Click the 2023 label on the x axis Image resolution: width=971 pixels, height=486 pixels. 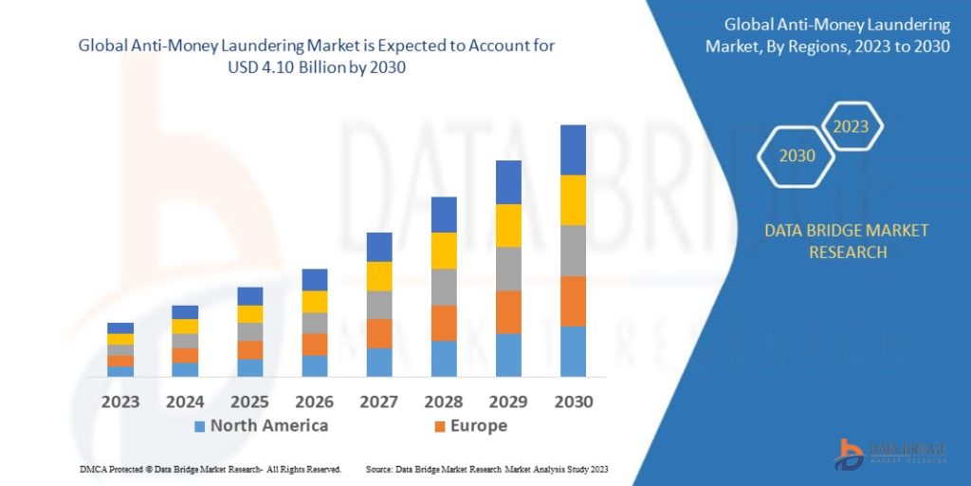(x=120, y=402)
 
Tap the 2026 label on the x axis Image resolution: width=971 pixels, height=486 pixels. (x=314, y=402)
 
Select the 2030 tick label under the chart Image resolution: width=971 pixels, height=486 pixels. (x=573, y=402)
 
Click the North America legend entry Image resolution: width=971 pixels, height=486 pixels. (x=261, y=426)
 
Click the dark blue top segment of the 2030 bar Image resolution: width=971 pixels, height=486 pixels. (x=573, y=150)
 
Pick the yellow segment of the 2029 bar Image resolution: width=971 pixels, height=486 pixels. (x=508, y=225)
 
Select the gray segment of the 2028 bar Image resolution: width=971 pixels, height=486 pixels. (x=444, y=287)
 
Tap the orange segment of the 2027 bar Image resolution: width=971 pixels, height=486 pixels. (x=379, y=333)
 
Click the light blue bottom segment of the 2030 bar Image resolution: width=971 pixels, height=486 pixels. (x=573, y=351)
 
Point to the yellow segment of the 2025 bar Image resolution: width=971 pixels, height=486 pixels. (x=250, y=314)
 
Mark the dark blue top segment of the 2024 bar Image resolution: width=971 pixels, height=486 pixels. (x=185, y=312)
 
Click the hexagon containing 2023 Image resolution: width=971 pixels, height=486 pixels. (x=851, y=126)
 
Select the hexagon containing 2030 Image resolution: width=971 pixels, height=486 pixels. (x=797, y=156)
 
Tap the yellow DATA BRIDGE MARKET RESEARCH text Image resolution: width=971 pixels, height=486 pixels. (x=834, y=241)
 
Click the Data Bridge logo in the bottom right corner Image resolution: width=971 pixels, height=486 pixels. (x=890, y=453)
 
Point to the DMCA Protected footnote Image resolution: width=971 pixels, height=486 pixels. (x=211, y=470)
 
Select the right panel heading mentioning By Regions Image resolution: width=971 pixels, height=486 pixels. (x=828, y=36)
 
